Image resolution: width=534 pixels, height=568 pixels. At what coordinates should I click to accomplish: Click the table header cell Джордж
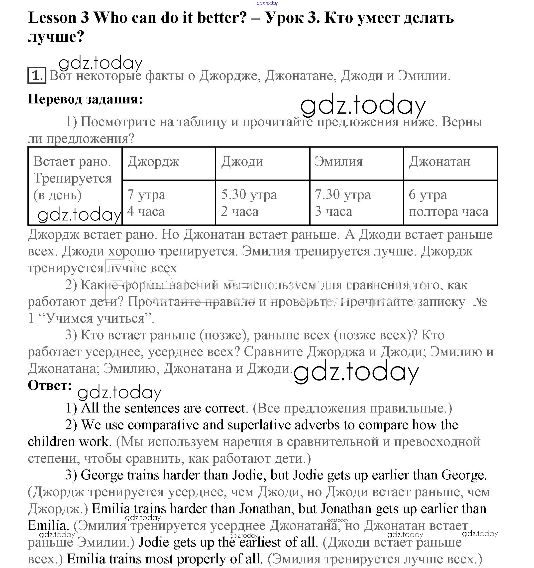[x=153, y=162]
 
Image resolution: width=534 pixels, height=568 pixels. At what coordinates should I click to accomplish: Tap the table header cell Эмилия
[x=338, y=162]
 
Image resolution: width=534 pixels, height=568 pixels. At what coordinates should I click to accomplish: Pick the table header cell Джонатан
[x=439, y=162]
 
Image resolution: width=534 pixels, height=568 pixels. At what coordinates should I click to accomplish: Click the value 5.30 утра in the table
[x=249, y=195]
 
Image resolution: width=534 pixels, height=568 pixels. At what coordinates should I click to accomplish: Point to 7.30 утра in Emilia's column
[x=342, y=195]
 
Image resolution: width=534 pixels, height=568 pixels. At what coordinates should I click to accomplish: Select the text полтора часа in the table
[x=448, y=212]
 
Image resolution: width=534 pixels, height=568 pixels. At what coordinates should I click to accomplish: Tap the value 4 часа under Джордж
[x=146, y=211]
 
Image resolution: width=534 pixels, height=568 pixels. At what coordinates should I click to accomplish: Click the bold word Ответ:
[x=50, y=385]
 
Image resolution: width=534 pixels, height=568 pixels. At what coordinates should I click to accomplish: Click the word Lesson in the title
[x=52, y=18]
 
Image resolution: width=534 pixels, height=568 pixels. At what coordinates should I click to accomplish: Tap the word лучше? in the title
[x=56, y=36]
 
